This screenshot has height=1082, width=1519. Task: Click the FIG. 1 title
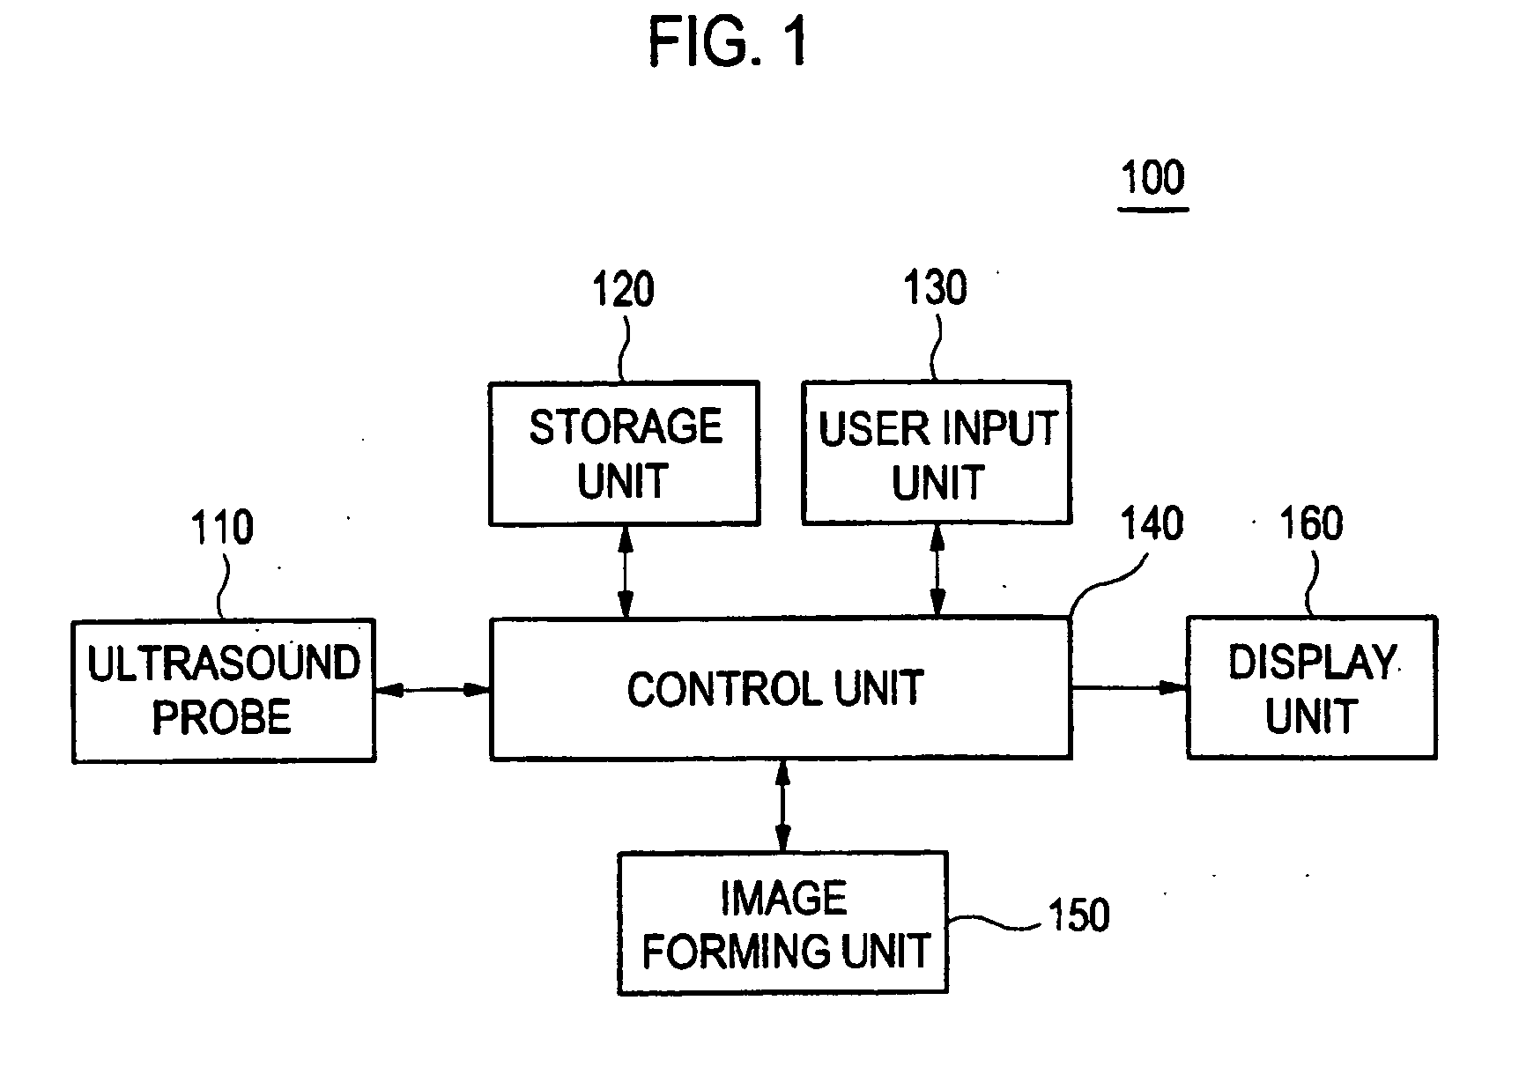point(727,42)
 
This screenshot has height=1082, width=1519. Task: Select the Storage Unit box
point(624,454)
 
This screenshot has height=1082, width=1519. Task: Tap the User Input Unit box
point(937,453)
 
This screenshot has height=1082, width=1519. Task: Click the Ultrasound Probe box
point(224,690)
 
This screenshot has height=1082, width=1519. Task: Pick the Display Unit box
point(1312,687)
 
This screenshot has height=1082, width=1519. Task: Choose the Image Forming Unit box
point(783,923)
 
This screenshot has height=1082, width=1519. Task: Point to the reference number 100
point(1152,179)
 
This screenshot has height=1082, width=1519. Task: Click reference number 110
point(222,528)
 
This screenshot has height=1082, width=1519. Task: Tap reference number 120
point(623,290)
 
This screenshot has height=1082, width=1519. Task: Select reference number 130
point(936,288)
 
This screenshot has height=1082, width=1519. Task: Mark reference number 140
point(1152,524)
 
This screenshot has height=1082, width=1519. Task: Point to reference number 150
point(1078,916)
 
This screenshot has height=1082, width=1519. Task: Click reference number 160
point(1311,524)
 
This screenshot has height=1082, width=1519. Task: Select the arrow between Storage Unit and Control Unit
point(625,572)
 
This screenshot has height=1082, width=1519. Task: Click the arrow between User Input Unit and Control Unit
point(937,571)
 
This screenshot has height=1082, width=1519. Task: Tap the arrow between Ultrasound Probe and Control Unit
point(433,691)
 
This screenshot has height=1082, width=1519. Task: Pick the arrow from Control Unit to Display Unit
point(1129,687)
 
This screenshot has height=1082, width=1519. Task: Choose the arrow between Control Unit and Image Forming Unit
point(782,805)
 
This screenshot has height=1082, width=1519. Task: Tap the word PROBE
point(222,717)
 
